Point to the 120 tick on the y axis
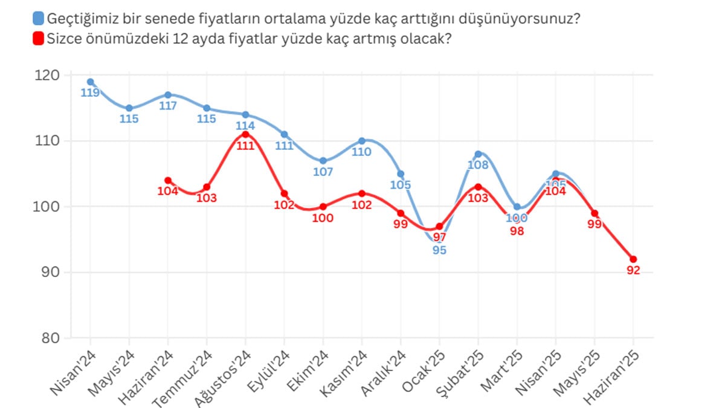click(x=51, y=75)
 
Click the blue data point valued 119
click(x=91, y=82)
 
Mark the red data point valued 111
click(x=245, y=134)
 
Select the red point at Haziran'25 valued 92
click(x=633, y=259)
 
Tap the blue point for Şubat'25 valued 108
click(x=478, y=154)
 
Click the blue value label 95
click(x=439, y=250)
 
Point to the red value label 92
click(x=633, y=271)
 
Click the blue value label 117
click(x=168, y=106)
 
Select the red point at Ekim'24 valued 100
click(x=323, y=207)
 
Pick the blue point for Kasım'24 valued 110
click(x=361, y=141)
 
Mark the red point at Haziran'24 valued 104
click(x=168, y=180)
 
